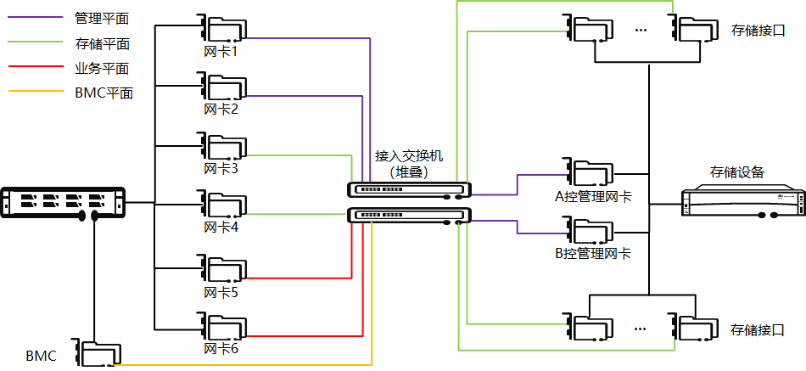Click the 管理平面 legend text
[103, 17]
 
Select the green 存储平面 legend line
[35, 42]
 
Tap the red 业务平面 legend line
[35, 67]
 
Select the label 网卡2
[221, 110]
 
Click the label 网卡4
[221, 228]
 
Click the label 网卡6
[221, 348]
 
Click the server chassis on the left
[64, 203]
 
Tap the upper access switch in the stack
[409, 189]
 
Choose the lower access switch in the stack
[409, 215]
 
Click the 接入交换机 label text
[409, 156]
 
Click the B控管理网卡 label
[592, 253]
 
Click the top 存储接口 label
[758, 31]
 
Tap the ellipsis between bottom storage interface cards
[641, 326]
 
